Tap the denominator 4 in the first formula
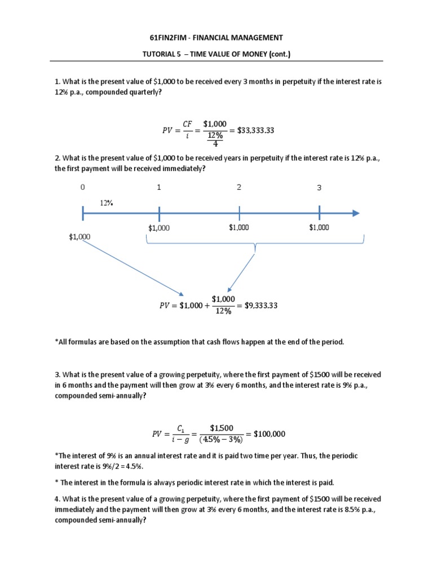click(x=215, y=143)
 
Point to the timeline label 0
click(x=83, y=187)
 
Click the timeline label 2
click(x=239, y=187)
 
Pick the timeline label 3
click(x=319, y=188)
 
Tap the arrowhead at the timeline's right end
click(x=355, y=213)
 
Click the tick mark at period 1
click(x=160, y=214)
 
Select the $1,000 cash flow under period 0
click(x=79, y=237)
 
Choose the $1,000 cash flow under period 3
click(x=319, y=227)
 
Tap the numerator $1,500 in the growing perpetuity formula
click(x=221, y=427)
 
